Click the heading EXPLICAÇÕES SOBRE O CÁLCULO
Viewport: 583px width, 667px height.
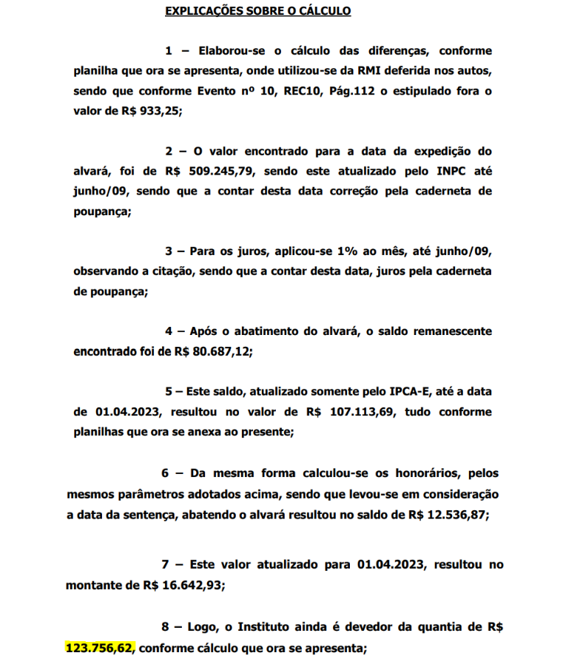click(257, 11)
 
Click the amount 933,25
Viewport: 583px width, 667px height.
click(159, 112)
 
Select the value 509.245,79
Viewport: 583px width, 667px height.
click(218, 171)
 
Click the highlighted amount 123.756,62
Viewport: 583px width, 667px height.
click(99, 649)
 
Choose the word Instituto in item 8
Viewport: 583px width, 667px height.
click(272, 627)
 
